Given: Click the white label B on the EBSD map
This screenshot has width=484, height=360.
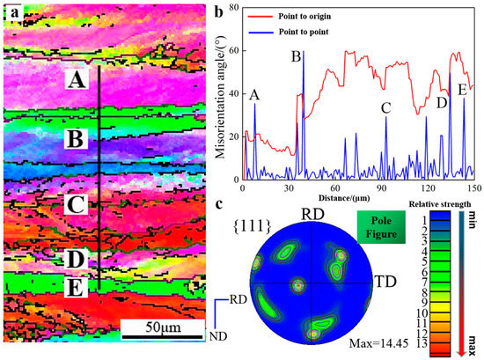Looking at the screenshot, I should tap(77, 140).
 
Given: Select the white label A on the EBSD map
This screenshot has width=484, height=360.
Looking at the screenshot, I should tap(77, 80).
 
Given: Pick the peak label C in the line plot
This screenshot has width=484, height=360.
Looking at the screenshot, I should tap(385, 108).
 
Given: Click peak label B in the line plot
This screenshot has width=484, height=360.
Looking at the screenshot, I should tap(297, 56).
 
